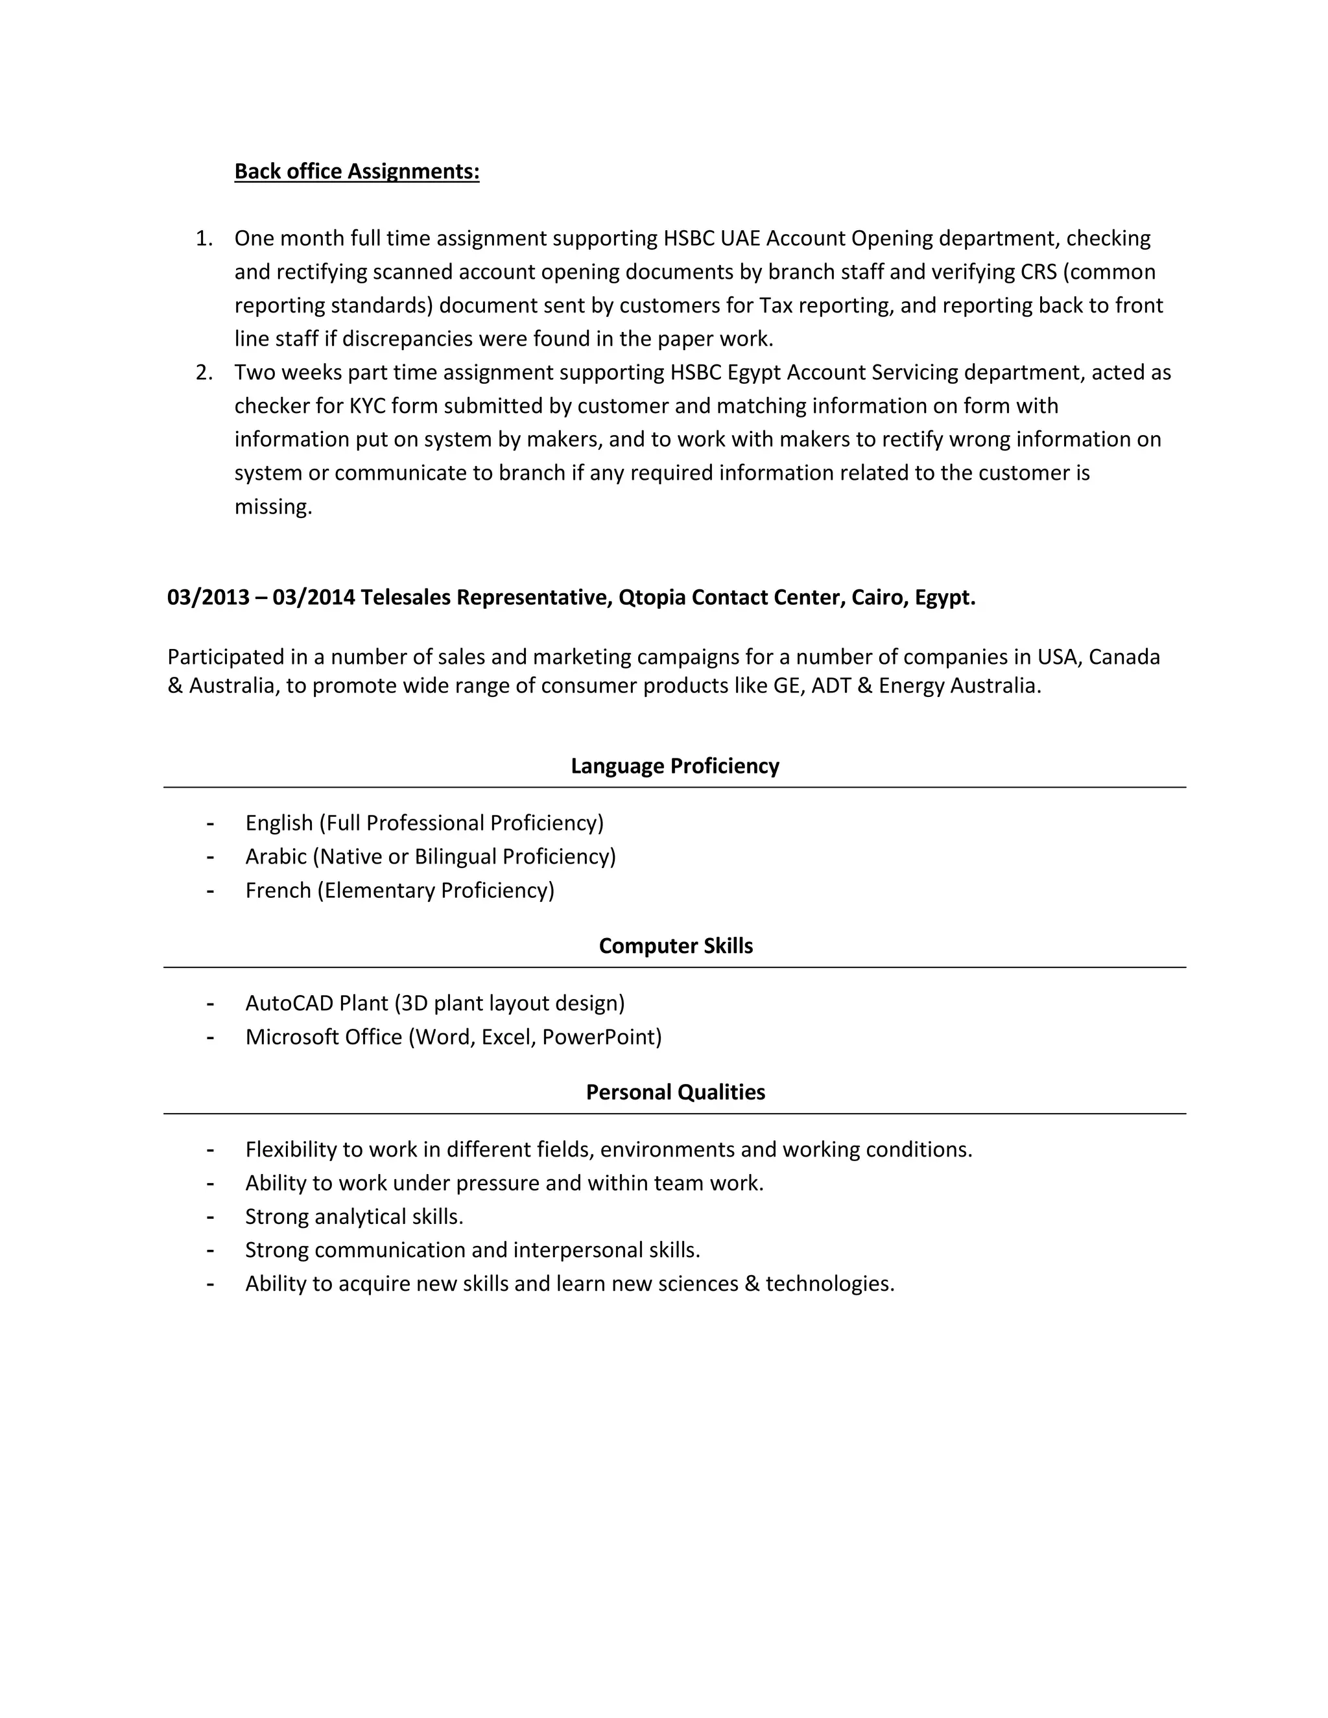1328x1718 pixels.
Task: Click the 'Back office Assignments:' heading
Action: point(357,172)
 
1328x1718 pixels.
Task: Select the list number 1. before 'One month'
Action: point(204,239)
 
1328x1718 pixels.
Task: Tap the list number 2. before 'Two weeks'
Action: point(204,372)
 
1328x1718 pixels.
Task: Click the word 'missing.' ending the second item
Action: point(273,506)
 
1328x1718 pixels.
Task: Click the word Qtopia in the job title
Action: point(652,598)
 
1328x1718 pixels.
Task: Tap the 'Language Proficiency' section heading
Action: point(674,766)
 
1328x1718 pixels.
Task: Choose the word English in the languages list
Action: point(279,823)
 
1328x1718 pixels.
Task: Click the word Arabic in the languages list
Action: point(276,856)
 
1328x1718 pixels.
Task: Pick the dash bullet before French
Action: point(210,891)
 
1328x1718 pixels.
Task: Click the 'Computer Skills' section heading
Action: point(675,945)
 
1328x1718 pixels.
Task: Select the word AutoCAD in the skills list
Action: point(289,1003)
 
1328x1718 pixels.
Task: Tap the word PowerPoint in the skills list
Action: point(601,1037)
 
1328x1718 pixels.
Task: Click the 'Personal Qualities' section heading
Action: point(675,1092)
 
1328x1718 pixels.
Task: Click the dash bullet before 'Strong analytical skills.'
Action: point(210,1217)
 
